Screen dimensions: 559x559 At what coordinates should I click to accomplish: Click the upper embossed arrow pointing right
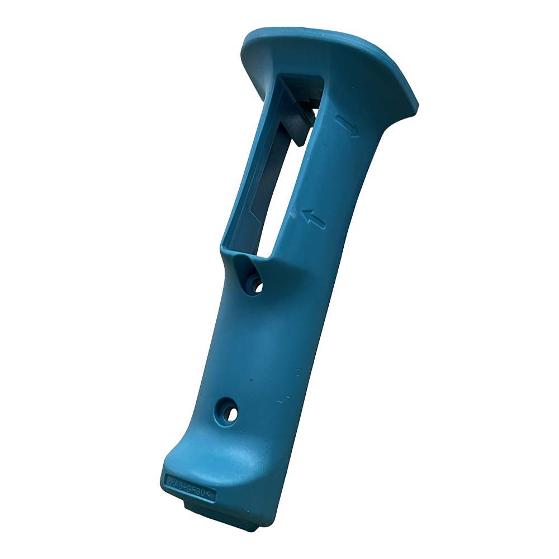[x=348, y=126]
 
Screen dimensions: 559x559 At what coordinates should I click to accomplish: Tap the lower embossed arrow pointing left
[x=314, y=219]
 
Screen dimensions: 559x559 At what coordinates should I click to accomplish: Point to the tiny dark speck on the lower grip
[x=251, y=380]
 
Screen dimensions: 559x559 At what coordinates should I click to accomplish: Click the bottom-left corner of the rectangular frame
[x=227, y=246]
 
